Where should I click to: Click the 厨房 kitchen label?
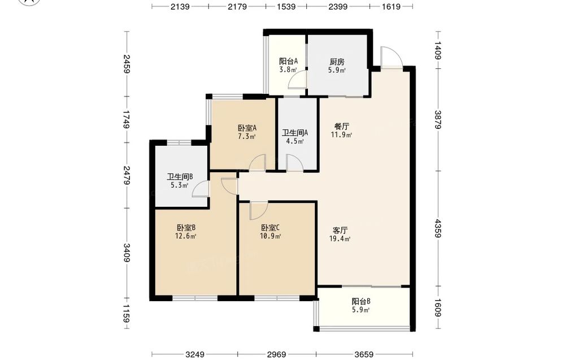[337, 62]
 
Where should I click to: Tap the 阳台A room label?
[288, 61]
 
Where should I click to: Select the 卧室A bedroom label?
[247, 128]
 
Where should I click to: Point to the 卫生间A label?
[295, 133]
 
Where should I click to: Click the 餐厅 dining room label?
[342, 127]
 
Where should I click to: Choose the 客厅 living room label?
[340, 230]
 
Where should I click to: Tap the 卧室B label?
[186, 228]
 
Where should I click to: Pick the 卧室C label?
[270, 228]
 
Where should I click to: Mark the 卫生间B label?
[180, 177]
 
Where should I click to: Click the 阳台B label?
[361, 301]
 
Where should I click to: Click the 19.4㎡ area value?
[340, 238]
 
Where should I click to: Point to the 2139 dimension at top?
[180, 6]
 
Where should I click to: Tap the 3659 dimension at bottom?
[364, 354]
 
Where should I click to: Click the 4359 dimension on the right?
[438, 228]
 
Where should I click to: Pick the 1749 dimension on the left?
[127, 119]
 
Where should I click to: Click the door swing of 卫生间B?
[201, 188]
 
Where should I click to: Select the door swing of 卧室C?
[258, 211]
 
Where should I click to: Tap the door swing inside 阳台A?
[297, 79]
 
